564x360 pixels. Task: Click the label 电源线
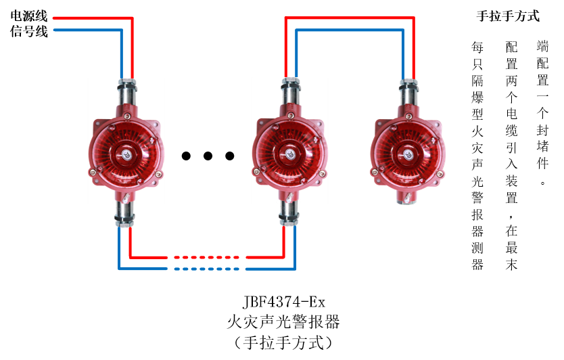29,17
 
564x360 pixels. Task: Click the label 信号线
29,31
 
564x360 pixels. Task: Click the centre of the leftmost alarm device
126,153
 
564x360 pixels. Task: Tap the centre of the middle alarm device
289,153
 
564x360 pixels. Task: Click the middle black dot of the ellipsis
208,156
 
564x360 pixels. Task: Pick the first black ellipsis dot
186,156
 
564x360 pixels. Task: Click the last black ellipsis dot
230,156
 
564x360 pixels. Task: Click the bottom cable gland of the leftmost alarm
126,212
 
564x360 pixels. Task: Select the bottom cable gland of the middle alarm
289,212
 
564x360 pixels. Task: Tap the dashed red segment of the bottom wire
206,257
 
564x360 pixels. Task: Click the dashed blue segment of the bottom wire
206,269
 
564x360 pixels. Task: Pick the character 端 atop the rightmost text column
542,47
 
